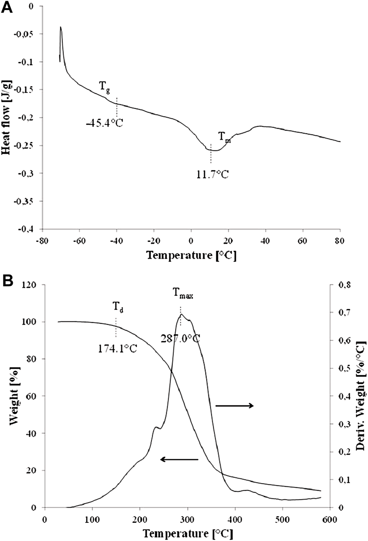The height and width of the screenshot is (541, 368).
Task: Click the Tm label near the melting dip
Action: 224,137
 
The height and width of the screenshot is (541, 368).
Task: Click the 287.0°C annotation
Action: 181,338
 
